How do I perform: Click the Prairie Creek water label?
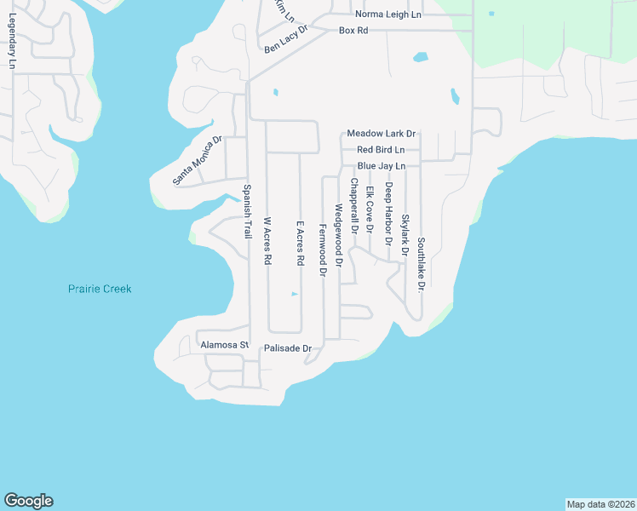[100, 290]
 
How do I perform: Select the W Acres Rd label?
[267, 241]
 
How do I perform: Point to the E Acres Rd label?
[300, 244]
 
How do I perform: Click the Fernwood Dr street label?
[323, 252]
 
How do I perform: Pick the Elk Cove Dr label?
[370, 210]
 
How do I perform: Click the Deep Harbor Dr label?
[388, 214]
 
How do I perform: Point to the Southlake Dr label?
[421, 264]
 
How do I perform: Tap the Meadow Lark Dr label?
[381, 134]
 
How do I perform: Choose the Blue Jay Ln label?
[381, 165]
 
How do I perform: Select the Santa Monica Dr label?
[197, 161]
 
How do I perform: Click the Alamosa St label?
[223, 345]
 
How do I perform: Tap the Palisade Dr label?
[289, 348]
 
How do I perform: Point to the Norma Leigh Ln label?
[388, 14]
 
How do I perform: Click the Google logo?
[28, 501]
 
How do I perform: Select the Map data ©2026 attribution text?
[600, 504]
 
